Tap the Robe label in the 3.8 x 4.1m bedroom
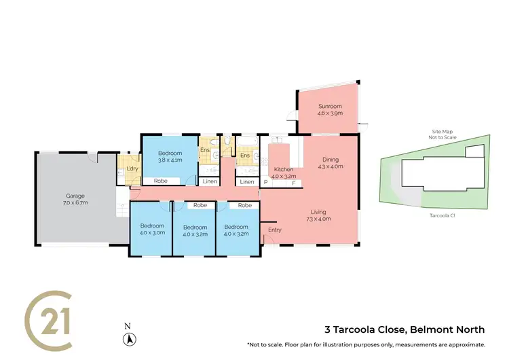pyautogui.click(x=161, y=181)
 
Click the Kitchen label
pyautogui.click(x=282, y=169)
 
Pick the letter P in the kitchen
pyautogui.click(x=265, y=183)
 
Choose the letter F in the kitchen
pyautogui.click(x=293, y=183)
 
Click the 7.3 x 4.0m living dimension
pyautogui.click(x=318, y=219)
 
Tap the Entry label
pyautogui.click(x=274, y=230)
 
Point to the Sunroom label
pyautogui.click(x=331, y=107)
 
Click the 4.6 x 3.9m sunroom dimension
pyautogui.click(x=331, y=113)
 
